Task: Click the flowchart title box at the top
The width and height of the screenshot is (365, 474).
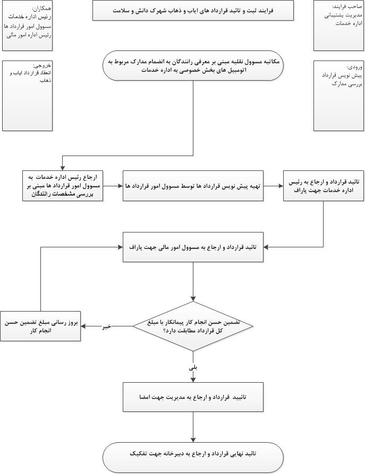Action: pyautogui.click(x=193, y=10)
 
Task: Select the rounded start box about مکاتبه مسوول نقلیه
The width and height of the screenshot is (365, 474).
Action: pyautogui.click(x=193, y=65)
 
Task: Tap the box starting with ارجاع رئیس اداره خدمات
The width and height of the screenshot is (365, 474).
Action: pyautogui.click(x=63, y=185)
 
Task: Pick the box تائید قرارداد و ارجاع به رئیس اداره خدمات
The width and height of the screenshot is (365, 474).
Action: pyautogui.click(x=323, y=186)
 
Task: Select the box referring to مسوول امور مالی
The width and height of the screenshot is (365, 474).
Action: pyautogui.click(x=193, y=247)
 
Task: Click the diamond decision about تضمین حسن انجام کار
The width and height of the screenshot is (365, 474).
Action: pyautogui.click(x=193, y=326)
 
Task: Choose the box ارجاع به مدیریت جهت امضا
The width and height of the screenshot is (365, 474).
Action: pyautogui.click(x=193, y=397)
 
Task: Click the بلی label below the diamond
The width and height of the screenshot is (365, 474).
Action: pyautogui.click(x=193, y=367)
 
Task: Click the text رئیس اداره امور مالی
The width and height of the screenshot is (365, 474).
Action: pyautogui.click(x=29, y=36)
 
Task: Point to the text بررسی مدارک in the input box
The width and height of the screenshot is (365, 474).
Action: pyautogui.click(x=347, y=84)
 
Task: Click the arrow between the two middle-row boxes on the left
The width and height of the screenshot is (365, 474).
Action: pyautogui.click(x=113, y=186)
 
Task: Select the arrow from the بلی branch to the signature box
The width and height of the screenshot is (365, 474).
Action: pyautogui.click(x=193, y=376)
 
